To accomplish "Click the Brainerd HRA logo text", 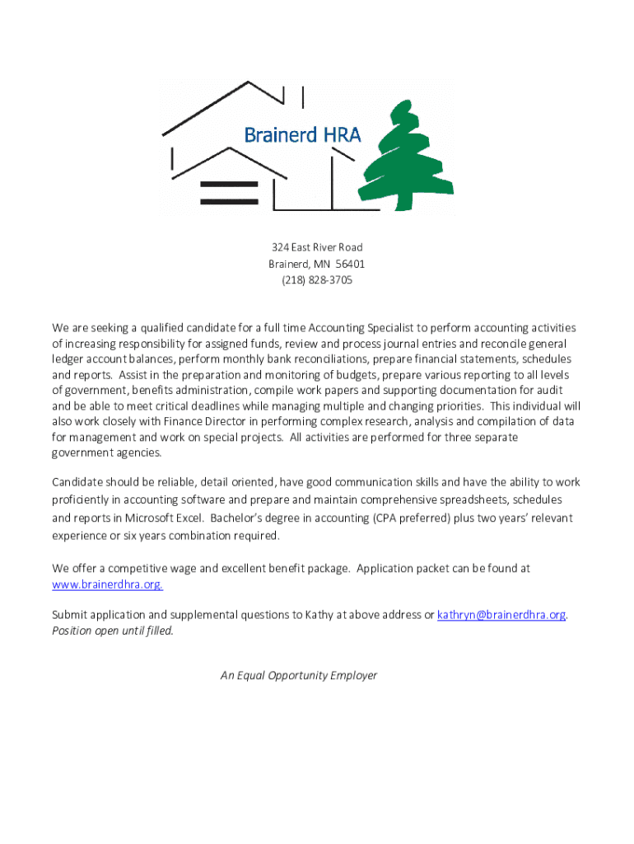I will pos(302,134).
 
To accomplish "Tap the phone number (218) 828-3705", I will pos(316,280).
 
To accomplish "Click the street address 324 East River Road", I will pos(316,247).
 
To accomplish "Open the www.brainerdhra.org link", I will pos(107,584).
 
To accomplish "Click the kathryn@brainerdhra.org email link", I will pos(501,615).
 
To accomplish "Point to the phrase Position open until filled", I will pos(113,631).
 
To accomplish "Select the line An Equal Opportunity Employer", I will pos(299,675).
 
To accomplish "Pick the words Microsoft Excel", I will pos(164,518).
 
